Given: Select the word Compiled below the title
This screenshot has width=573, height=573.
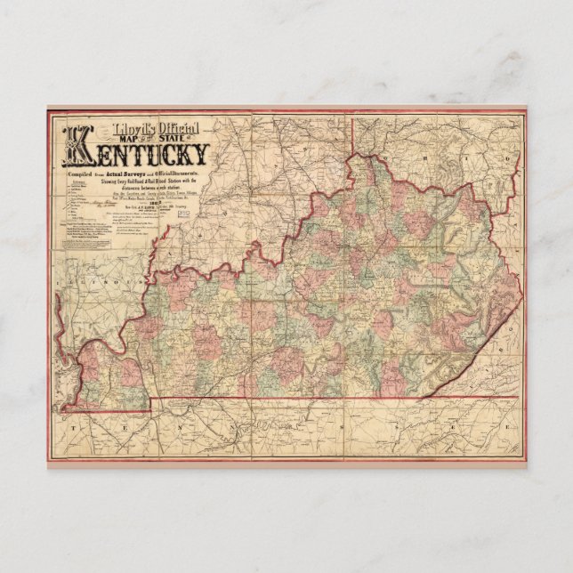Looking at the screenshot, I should click(77, 176).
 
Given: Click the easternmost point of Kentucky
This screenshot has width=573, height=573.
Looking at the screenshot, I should click(521, 300).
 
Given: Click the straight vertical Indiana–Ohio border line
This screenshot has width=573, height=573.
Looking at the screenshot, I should click(357, 133).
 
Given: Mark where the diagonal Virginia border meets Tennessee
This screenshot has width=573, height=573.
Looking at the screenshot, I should click(422, 396).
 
